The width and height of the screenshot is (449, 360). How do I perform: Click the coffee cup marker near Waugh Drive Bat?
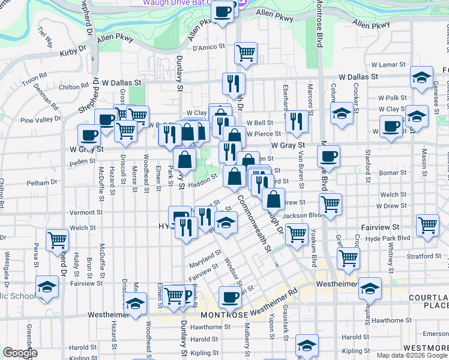pos(223,13)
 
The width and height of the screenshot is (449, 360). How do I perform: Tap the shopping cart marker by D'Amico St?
pos(246,53)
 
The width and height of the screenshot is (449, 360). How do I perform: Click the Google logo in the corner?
pos(20,352)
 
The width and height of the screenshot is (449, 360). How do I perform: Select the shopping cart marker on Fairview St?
pos(427,226)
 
